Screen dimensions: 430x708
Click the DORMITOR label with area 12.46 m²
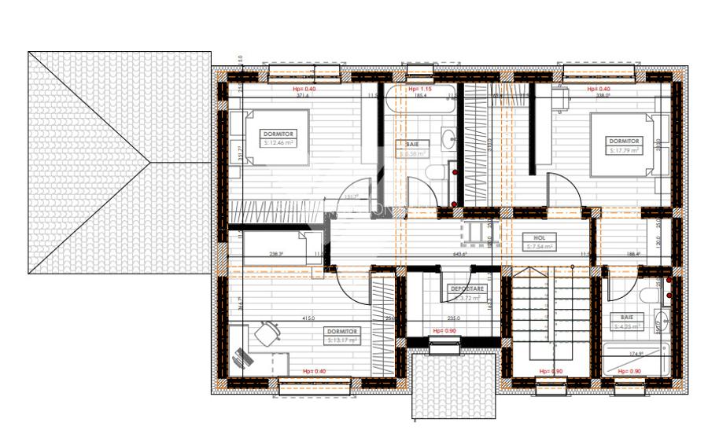coord(279,139)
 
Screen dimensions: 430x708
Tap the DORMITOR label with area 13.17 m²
coord(343,336)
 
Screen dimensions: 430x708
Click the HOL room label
coord(539,241)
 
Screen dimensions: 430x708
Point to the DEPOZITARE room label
coord(466,293)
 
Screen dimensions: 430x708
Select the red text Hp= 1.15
coord(422,89)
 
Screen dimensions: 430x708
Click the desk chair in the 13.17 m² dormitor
coord(267,333)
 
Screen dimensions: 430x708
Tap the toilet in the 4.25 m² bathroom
coord(647,296)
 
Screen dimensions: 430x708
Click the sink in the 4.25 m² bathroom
coord(662,321)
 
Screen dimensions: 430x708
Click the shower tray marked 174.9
coord(632,359)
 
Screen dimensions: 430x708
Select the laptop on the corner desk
coord(244,358)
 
